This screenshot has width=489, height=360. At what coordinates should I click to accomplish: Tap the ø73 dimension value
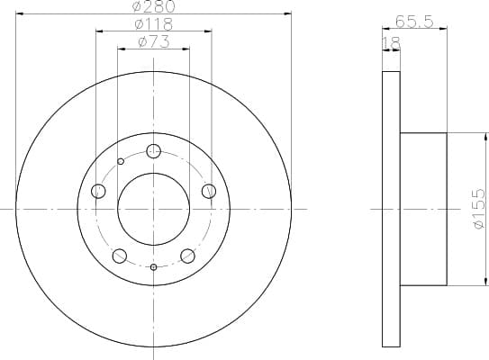click(x=155, y=41)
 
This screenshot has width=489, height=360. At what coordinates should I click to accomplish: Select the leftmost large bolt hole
click(x=99, y=191)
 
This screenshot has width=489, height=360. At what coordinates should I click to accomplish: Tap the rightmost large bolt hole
click(x=209, y=190)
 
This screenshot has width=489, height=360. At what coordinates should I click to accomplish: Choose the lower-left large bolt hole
click(x=120, y=256)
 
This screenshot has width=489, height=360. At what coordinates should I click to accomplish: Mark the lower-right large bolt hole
click(x=188, y=256)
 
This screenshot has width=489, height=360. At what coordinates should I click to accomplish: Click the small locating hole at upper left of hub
click(x=121, y=162)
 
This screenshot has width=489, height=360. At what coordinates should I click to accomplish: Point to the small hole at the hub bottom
click(x=154, y=267)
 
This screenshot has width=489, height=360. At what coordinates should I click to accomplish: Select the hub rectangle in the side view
click(x=423, y=209)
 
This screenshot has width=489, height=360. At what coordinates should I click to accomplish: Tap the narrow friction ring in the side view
click(x=391, y=209)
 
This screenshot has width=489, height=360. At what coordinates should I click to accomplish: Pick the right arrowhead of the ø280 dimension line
click(x=289, y=13)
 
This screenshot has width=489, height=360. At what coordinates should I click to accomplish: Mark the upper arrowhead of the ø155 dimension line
click(x=468, y=136)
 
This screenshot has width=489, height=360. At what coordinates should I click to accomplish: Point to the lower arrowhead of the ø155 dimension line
click(x=468, y=283)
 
